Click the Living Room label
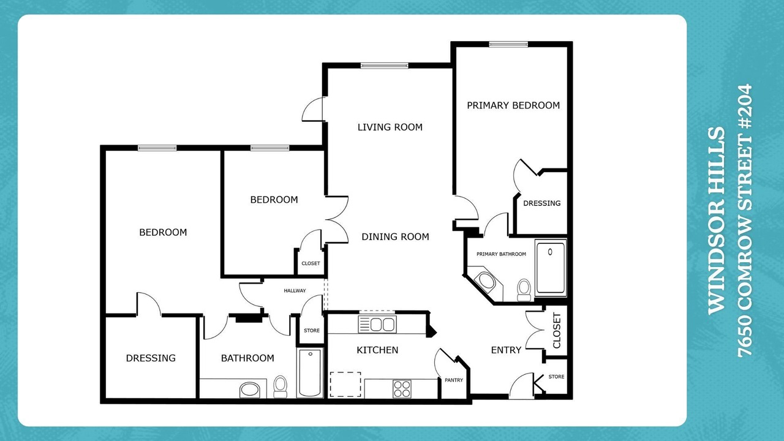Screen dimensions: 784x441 (390, 127)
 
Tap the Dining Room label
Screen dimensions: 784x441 (395, 237)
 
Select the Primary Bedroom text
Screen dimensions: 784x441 (513, 105)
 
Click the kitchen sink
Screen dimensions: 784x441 (377, 324)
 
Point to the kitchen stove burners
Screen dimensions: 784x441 (402, 389)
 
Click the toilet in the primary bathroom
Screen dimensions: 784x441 (524, 290)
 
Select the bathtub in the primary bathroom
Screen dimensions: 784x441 (551, 268)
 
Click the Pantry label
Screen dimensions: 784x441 (454, 380)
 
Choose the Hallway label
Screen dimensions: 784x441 (295, 290)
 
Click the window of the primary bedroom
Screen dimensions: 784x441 (508, 45)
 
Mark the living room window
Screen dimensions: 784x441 (384, 66)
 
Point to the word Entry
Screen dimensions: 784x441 (506, 350)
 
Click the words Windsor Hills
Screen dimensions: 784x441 (717, 221)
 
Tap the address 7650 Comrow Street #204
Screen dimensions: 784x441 (745, 221)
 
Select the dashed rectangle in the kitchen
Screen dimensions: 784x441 (345, 384)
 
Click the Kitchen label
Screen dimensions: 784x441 (377, 350)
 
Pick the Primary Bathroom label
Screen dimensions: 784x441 (501, 254)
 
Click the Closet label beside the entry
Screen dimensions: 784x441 (557, 331)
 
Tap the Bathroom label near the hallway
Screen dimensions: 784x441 (247, 358)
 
